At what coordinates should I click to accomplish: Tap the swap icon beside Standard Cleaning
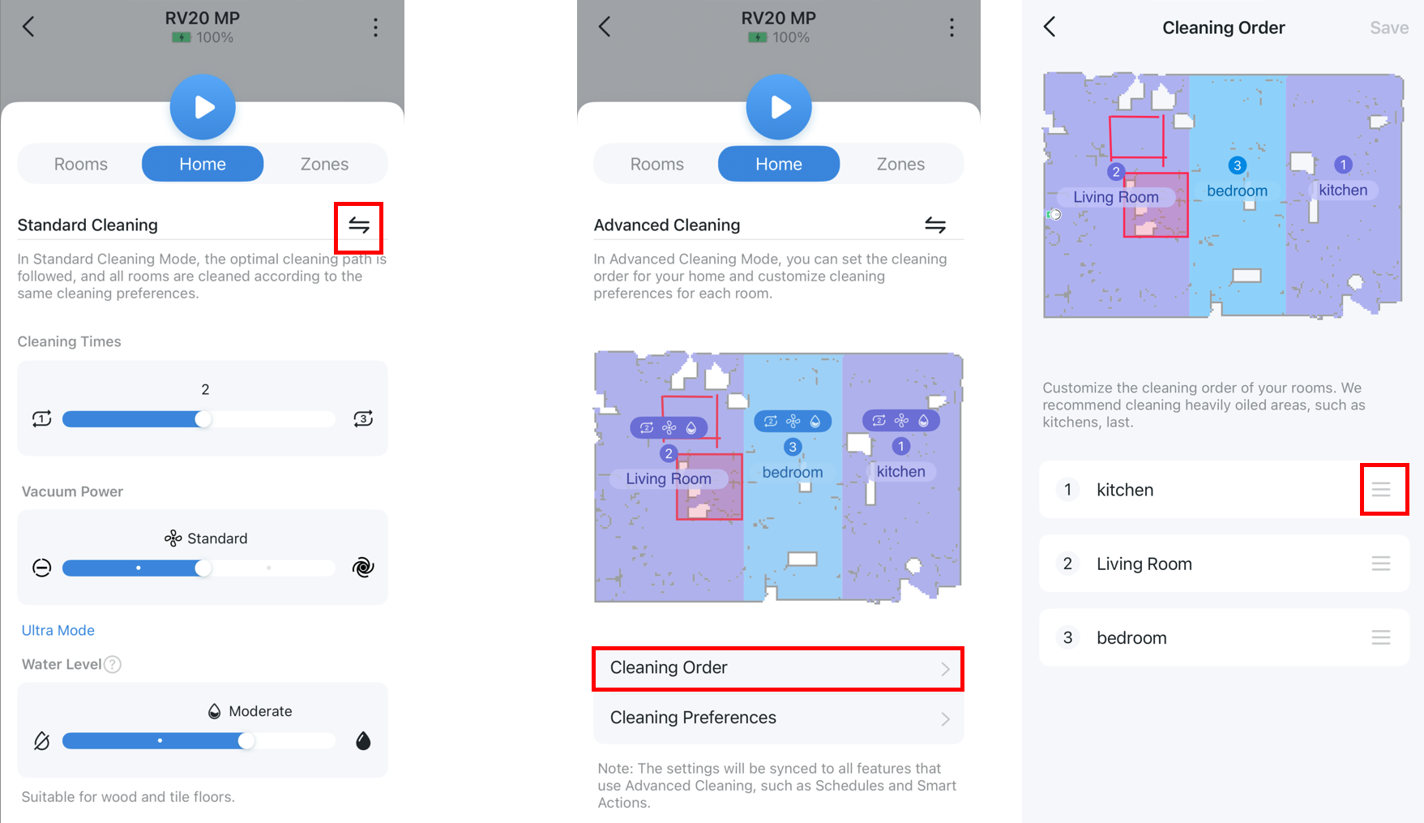359,225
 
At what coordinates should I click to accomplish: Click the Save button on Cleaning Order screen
1389,28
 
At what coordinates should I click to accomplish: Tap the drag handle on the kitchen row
1381,489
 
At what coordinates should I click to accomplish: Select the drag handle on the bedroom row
1381,637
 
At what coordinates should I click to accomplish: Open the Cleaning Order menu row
778,668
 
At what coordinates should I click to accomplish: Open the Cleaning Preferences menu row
778,718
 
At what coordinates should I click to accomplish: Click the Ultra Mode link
58,630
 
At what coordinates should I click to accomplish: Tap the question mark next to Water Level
113,664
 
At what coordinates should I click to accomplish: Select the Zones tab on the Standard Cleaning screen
324,164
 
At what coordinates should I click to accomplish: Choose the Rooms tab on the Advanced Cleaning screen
657,164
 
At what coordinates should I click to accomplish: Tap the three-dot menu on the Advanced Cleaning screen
951,28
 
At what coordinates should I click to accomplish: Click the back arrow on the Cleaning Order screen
1050,27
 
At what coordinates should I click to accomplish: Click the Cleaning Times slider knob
203,418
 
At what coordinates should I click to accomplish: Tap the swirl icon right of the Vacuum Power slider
363,568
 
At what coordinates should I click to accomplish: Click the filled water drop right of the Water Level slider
363,740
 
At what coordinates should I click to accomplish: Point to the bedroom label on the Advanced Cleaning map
793,472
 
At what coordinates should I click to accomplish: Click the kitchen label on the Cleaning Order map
1343,190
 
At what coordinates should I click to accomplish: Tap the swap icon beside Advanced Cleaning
935,225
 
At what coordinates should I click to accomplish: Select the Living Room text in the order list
1144,564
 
